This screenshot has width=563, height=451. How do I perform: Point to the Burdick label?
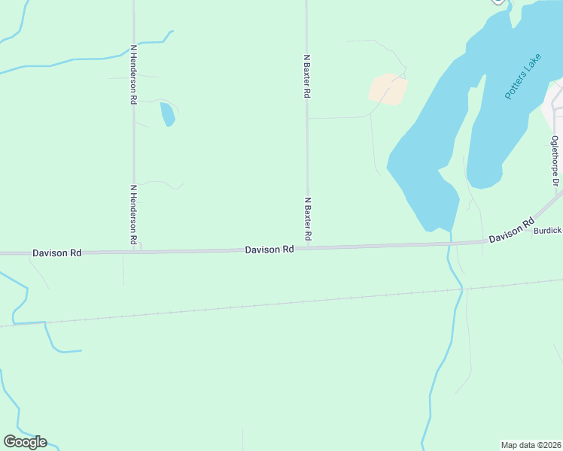coord(547,231)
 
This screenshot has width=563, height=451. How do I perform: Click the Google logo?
coord(25,442)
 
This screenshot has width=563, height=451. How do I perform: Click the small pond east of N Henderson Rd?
coord(167,114)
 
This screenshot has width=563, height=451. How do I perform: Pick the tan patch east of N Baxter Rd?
coord(388,89)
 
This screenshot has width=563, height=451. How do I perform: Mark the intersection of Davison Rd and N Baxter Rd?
coord(307,247)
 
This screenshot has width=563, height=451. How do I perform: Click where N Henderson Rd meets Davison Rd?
coord(134,252)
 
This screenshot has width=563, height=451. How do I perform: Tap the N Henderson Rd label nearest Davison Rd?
coord(133,214)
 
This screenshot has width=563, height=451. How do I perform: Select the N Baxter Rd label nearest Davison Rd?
coord(307,219)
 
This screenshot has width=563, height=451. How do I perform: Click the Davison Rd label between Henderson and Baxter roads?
coord(269,250)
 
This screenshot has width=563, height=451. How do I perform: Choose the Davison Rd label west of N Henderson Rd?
coord(56,253)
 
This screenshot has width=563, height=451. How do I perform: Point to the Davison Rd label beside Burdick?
coord(511,230)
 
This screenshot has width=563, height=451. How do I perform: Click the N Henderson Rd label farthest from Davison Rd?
coord(133,74)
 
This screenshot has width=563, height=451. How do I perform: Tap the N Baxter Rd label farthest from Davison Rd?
coord(307,77)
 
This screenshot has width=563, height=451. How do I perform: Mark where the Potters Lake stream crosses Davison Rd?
coord(449,244)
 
